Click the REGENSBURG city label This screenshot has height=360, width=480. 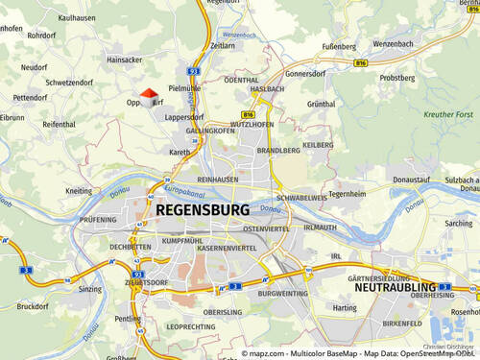(202, 209)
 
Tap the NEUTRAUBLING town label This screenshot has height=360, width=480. (396, 286)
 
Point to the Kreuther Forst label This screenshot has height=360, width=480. (448, 114)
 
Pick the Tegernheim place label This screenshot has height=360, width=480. (348, 193)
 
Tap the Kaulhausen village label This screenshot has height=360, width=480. (50, 17)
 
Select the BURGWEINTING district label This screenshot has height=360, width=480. (282, 294)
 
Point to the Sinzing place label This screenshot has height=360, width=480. (90, 288)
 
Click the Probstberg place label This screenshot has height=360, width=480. (396, 78)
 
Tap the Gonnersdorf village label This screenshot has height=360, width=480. (306, 73)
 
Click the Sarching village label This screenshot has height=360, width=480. (460, 223)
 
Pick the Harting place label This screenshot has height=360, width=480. (344, 307)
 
